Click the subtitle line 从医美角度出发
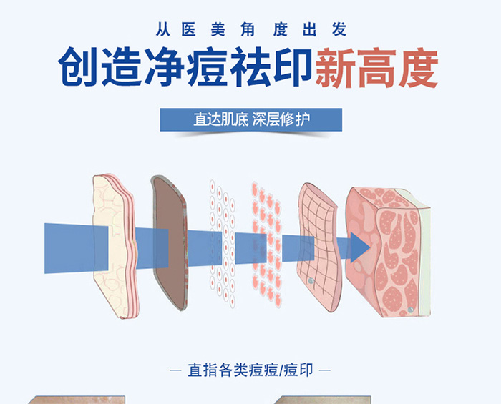tap(250, 30)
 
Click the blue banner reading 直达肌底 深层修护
tap(250, 119)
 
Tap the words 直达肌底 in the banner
tap(220, 119)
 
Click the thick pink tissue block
tap(390, 257)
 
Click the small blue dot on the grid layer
tap(311, 281)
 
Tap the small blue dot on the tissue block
tap(411, 309)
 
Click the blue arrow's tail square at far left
tap(68, 247)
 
